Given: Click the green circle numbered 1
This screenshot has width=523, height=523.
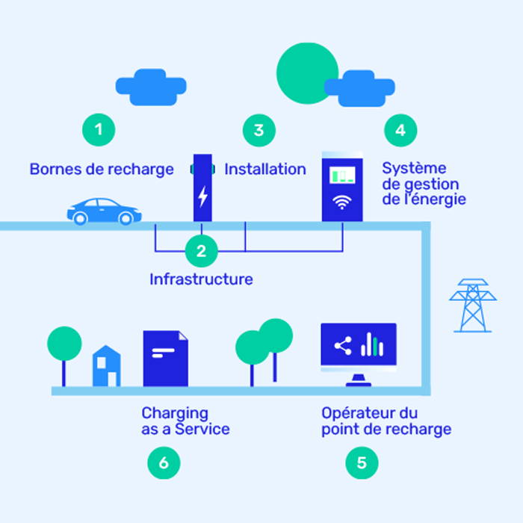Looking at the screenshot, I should [x=99, y=130].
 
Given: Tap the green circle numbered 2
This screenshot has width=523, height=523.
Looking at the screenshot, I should [x=201, y=251].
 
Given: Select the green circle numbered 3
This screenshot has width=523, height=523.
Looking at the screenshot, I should [x=259, y=130].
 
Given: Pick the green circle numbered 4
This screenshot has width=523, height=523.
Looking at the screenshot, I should [x=400, y=130].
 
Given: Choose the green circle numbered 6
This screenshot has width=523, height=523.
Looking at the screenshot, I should [x=164, y=463].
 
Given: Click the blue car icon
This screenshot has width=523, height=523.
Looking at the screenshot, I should [x=104, y=211].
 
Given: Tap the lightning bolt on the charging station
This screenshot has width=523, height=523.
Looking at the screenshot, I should [x=202, y=196].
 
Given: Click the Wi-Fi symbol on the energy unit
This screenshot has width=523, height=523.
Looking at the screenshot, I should [x=342, y=202].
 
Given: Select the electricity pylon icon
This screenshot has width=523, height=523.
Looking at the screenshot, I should [x=472, y=306].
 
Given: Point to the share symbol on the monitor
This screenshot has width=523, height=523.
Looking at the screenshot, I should [x=343, y=346].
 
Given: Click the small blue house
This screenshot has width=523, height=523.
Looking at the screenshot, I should [x=106, y=367].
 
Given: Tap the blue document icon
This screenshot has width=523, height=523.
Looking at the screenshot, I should [x=165, y=359].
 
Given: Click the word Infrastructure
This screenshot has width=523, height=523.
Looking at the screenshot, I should [x=201, y=279].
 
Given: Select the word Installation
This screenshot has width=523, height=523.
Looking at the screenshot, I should [x=265, y=170].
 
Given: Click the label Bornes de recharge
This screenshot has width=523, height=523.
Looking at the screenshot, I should [x=102, y=170].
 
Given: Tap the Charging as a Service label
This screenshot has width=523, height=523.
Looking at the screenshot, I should [x=185, y=421].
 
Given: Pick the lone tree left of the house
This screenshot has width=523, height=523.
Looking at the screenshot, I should [x=64, y=346].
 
